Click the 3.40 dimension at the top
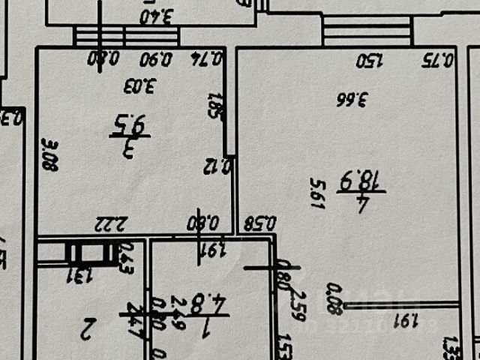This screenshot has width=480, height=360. click(157, 14)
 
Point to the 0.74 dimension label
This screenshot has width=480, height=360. click(211, 58)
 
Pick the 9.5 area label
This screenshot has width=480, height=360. click(130, 123)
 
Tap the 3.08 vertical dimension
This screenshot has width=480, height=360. click(49, 153)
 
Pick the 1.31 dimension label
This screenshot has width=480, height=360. click(77, 275)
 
